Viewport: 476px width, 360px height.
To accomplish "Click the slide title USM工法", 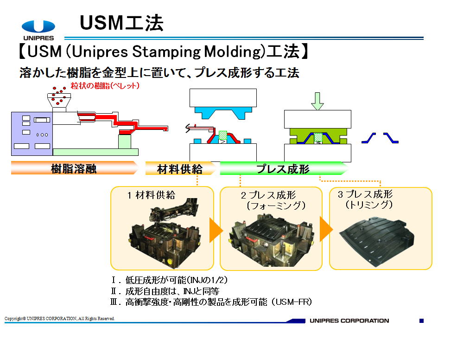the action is [x=121, y=23].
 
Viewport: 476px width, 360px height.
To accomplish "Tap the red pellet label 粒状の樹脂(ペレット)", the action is [x=105, y=86].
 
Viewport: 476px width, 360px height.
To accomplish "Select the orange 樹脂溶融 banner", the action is [x=74, y=168].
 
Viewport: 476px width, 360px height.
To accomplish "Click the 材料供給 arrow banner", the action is [x=180, y=168].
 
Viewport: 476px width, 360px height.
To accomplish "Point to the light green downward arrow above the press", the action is [x=317, y=101].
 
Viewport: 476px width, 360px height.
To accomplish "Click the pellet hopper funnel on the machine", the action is [x=59, y=101].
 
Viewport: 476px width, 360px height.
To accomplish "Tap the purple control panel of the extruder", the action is [x=32, y=134].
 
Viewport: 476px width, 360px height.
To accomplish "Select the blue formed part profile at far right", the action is [x=380, y=138].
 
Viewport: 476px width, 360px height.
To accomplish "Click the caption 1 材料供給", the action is [x=151, y=195].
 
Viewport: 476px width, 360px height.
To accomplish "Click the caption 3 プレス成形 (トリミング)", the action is [x=365, y=199].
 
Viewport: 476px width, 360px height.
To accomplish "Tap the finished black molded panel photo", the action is [x=377, y=242].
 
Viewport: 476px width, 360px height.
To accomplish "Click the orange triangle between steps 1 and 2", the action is [x=216, y=230].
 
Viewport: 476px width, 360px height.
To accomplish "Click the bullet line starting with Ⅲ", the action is [x=211, y=302].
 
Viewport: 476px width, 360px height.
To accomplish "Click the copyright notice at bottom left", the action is [x=59, y=318].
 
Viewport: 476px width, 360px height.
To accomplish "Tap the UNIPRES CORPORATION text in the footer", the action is [x=349, y=321].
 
